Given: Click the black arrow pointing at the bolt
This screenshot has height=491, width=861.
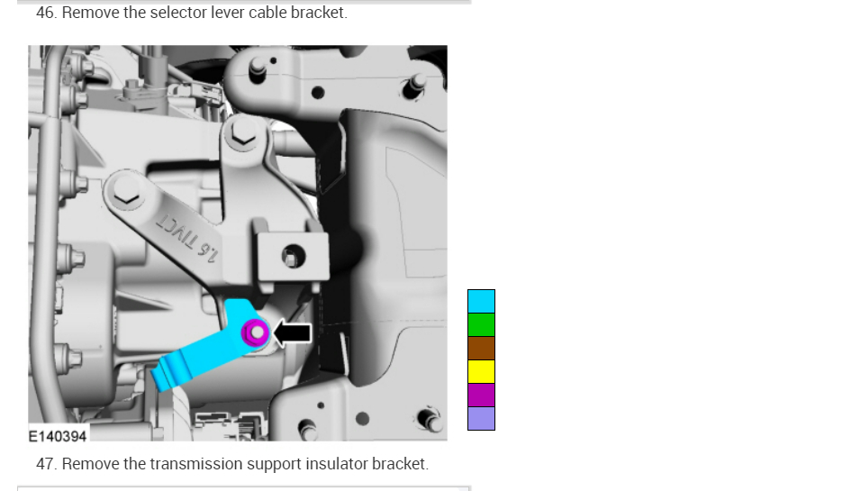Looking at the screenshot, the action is click(293, 332).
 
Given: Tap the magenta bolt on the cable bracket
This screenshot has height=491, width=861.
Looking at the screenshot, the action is click(256, 332).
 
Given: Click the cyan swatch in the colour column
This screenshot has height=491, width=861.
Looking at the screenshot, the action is click(481, 302).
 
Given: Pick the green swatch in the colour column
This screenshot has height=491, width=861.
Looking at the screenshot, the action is click(481, 325).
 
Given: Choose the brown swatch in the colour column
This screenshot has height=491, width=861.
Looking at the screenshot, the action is click(481, 348).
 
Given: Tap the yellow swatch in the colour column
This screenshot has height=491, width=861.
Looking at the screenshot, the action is click(481, 372).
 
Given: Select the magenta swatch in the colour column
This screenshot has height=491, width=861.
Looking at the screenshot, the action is click(481, 395).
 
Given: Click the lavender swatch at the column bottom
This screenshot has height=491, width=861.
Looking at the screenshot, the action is click(481, 419).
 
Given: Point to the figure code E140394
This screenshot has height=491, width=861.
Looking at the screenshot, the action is click(58, 437).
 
